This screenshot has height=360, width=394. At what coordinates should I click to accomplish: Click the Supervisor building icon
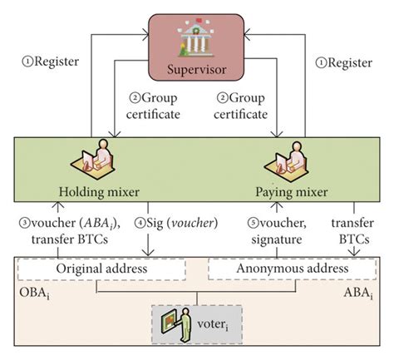pos(198,38)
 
